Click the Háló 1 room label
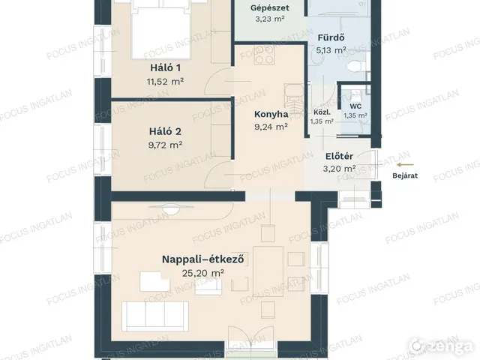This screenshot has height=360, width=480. point(165,67)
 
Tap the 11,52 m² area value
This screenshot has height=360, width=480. point(165,82)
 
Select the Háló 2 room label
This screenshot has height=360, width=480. point(165,131)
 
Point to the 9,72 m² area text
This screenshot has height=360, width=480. point(165,145)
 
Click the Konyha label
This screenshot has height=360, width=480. point(271,114)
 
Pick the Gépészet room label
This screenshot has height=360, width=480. point(270,7)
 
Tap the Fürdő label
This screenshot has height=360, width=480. point(331,37)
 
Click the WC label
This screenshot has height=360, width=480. point(355,106)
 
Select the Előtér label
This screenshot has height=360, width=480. point(339,156)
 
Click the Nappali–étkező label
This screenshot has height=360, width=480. point(203,259)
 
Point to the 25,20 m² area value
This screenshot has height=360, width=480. point(203,273)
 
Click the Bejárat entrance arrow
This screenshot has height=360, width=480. point(405,165)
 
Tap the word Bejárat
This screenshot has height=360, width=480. point(405,175)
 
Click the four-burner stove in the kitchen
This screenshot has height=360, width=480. point(265,55)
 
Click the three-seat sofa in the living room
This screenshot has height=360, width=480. point(155,316)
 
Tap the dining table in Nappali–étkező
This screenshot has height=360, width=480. point(268,271)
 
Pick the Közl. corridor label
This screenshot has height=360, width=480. point(322,112)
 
